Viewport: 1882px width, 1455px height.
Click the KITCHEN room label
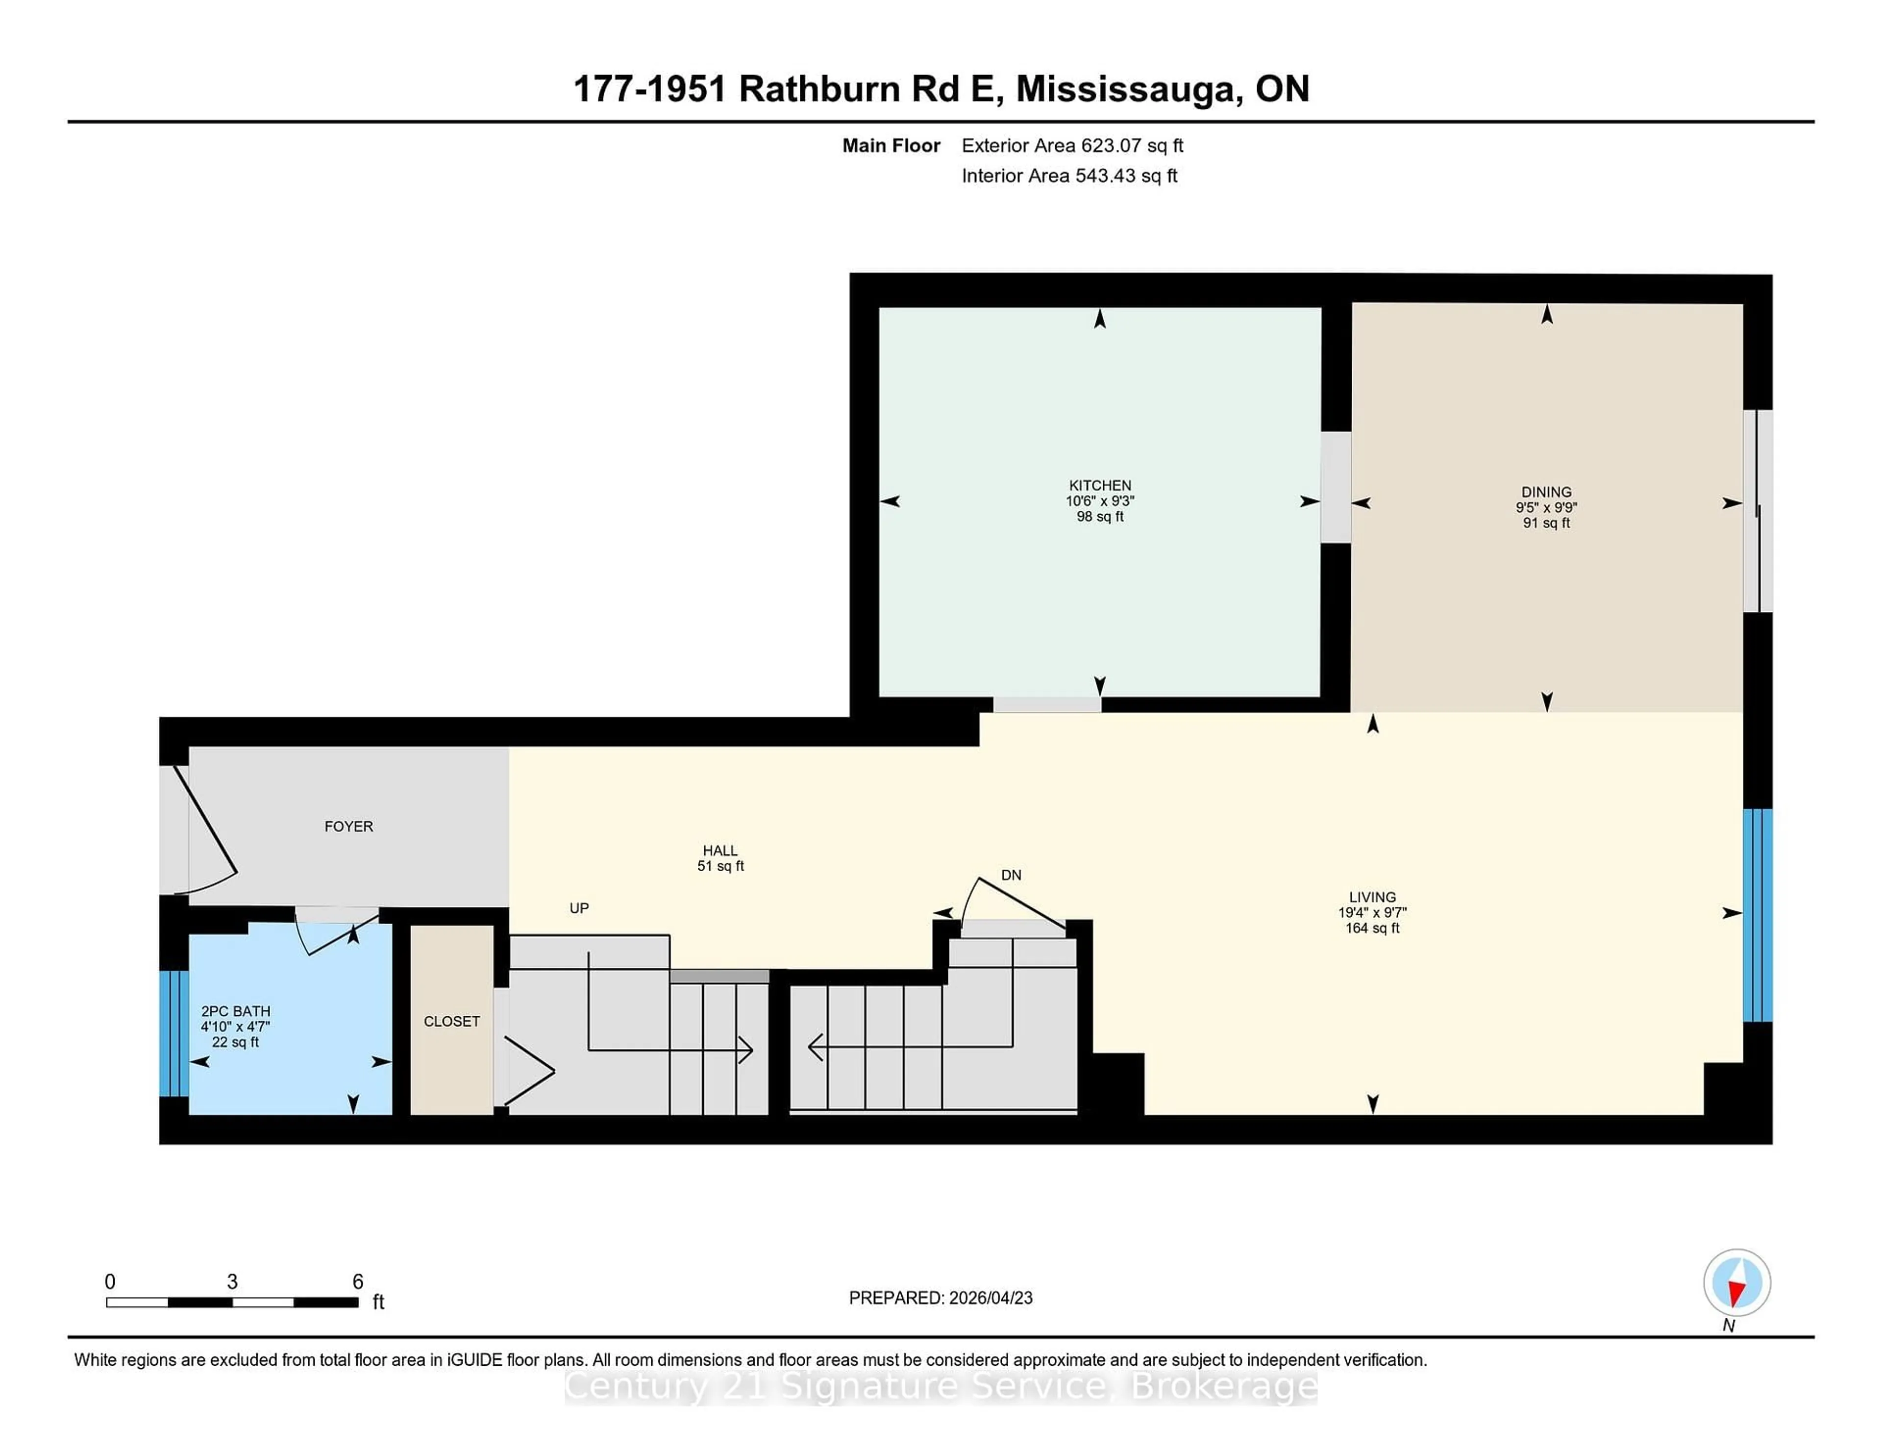1100,485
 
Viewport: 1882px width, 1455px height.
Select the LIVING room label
1372,897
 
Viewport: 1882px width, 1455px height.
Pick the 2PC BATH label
235,1011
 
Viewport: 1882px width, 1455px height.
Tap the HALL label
719,851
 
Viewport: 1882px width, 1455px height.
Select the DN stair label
1011,875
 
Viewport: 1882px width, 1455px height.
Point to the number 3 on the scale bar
232,1282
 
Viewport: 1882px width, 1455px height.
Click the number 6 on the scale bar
358,1282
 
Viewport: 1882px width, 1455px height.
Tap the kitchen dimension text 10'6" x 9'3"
1100,501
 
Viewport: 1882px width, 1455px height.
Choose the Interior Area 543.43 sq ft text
1068,176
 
